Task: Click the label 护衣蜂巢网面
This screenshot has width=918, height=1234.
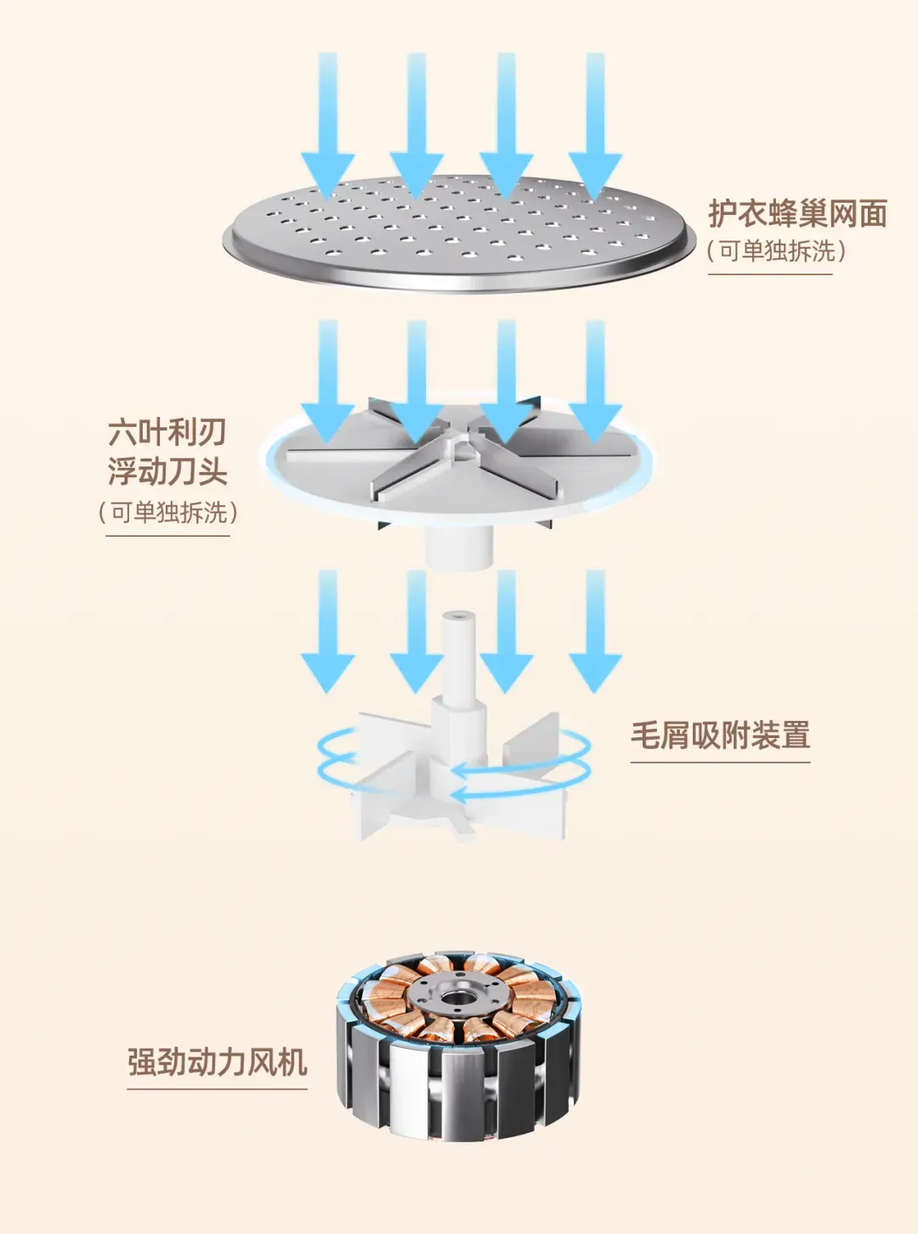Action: click(797, 213)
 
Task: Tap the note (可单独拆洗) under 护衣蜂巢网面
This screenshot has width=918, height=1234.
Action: click(776, 251)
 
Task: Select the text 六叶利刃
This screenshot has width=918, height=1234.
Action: click(167, 432)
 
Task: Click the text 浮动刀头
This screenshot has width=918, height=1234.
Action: click(167, 470)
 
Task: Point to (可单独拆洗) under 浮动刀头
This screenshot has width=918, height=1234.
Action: click(167, 512)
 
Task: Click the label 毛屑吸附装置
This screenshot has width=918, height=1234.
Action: click(720, 735)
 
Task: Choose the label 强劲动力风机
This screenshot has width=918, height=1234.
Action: click(217, 1062)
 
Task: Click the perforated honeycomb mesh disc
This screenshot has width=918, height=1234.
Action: click(459, 234)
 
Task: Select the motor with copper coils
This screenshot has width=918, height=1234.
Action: click(459, 1045)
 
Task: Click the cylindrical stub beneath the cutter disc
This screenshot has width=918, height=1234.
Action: click(459, 548)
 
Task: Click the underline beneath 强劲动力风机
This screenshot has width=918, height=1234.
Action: click(217, 1088)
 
